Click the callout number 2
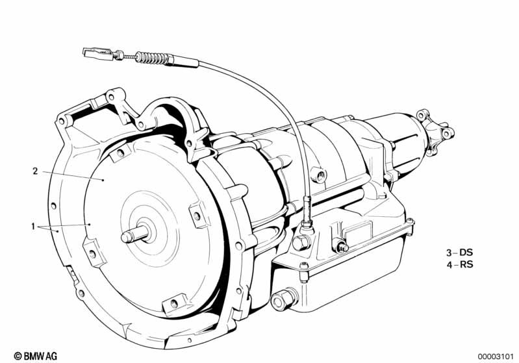(35, 171)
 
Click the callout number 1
(32, 227)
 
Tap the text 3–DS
(459, 253)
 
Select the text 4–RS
(459, 265)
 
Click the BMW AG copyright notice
(36, 356)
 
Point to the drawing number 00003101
(495, 357)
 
